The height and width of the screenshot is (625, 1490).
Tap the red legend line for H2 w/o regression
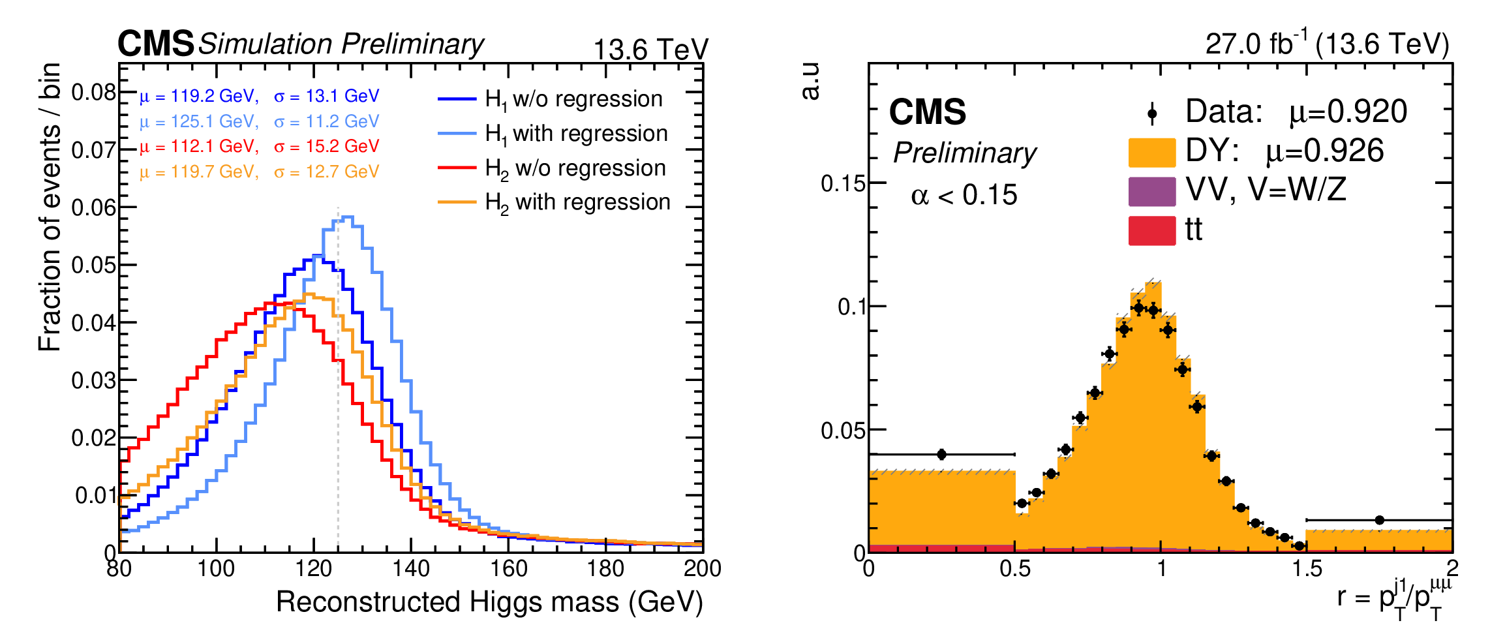[457, 168]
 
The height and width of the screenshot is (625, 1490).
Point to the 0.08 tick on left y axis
[94, 93]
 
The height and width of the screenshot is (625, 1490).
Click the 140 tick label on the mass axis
[411, 569]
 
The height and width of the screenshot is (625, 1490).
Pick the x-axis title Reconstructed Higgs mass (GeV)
[489, 602]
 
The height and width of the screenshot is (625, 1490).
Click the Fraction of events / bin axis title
[50, 207]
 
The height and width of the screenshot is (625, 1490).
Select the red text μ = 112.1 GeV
[199, 147]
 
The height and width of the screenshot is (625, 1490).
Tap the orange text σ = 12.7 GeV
[326, 172]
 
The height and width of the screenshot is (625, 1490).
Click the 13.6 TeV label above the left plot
[650, 50]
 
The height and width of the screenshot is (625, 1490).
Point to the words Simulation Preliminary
[341, 44]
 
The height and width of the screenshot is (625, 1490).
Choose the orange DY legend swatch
[1152, 152]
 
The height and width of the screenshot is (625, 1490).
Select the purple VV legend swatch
[1152, 191]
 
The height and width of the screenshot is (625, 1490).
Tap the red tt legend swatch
[1152, 230]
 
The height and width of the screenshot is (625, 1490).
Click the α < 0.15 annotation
[964, 195]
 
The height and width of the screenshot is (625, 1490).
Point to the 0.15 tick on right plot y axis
[843, 184]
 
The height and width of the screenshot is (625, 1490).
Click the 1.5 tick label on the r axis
[1307, 569]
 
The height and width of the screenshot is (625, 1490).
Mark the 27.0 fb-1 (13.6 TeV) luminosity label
[1327, 44]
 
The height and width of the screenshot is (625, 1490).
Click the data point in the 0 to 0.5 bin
[941, 454]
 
